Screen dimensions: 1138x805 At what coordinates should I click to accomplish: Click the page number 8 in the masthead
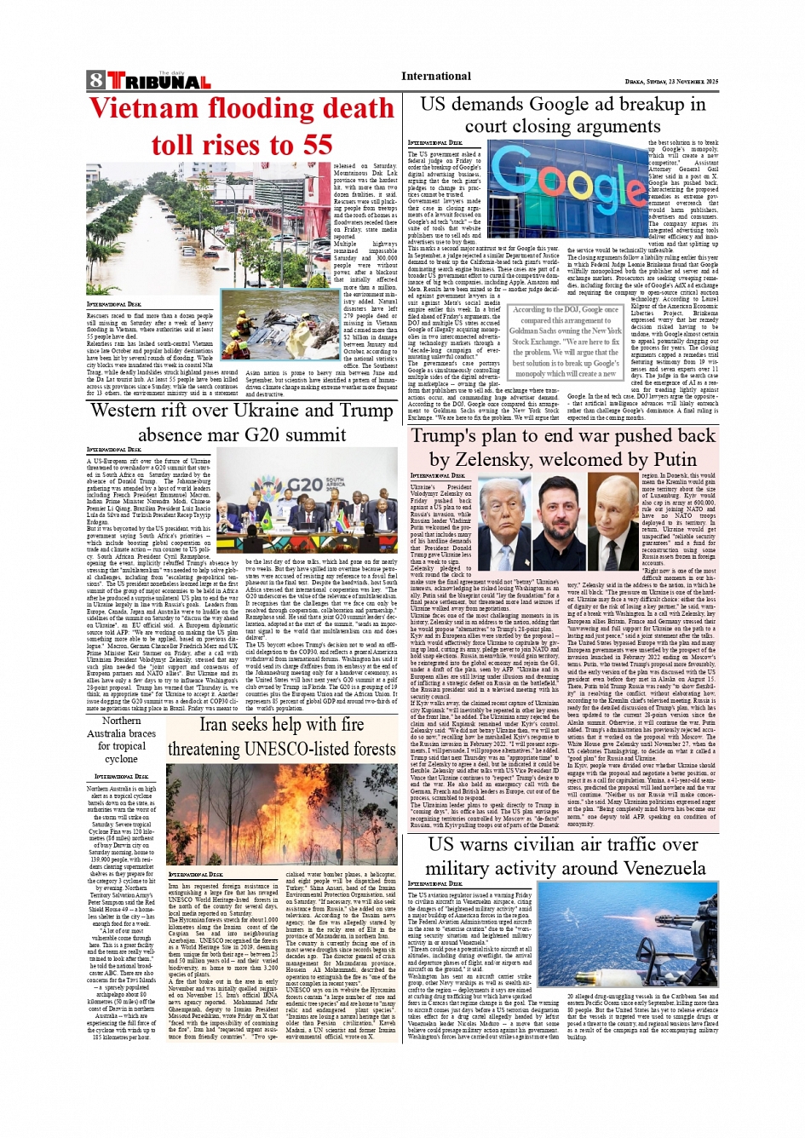click(95, 81)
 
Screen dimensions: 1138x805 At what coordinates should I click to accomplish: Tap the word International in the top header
click(436, 76)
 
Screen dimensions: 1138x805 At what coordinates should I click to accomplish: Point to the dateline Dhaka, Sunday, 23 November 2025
click(671, 82)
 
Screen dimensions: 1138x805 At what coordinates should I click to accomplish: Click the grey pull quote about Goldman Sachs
click(566, 342)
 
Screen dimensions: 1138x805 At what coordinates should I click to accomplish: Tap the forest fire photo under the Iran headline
click(281, 813)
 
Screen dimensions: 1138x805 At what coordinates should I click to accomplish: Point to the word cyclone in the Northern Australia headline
click(121, 759)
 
